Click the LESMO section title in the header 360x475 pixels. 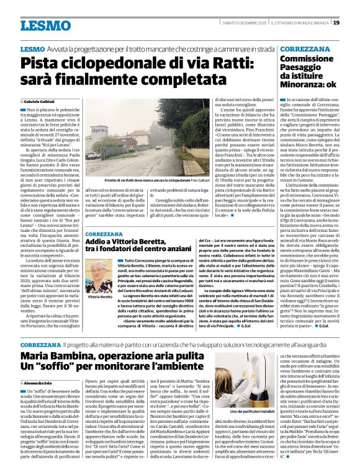45,25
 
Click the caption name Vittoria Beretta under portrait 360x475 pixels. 101,297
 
